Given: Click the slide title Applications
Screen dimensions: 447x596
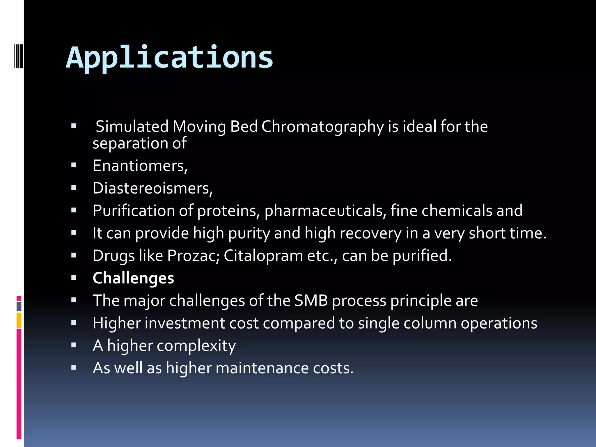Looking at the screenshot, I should (x=170, y=58).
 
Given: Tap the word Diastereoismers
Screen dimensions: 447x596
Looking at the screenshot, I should (x=152, y=188).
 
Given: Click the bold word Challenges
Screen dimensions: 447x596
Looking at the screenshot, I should (x=133, y=278).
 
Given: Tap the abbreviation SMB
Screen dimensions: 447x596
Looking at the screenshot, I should (x=311, y=301).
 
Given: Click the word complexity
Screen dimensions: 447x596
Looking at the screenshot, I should (x=196, y=346).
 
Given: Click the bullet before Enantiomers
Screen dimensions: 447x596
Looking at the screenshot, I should (x=74, y=166).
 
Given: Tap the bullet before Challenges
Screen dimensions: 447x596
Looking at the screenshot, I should (x=74, y=278).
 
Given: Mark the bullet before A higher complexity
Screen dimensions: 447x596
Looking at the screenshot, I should (x=74, y=345).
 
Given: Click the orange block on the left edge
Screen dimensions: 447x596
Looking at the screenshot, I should (x=19, y=320).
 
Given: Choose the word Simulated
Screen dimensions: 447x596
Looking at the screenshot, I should (x=132, y=127).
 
